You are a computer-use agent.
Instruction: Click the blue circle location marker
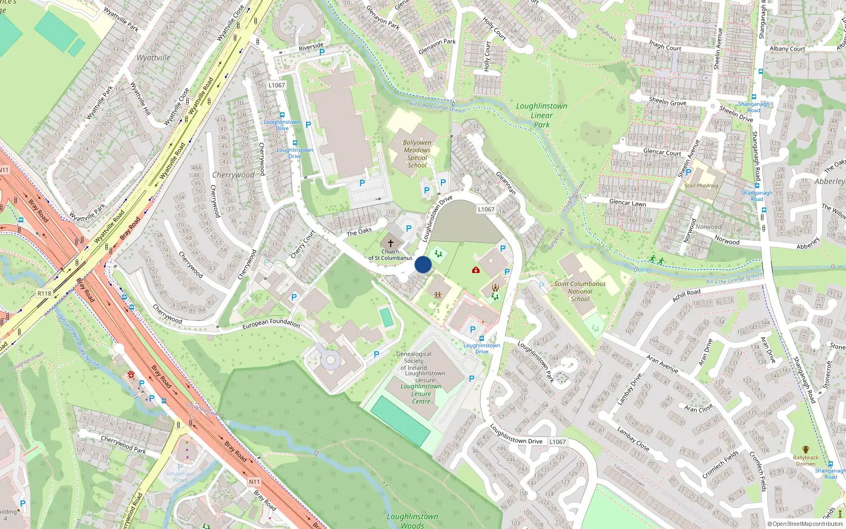[423, 264]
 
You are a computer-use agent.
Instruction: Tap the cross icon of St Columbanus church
[391, 243]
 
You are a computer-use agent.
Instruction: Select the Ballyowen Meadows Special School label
[417, 154]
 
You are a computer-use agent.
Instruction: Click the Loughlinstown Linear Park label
[541, 115]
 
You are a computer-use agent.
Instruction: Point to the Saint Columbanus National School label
[580, 291]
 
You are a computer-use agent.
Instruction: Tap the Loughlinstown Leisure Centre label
[421, 394]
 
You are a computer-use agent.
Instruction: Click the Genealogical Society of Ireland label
[413, 361]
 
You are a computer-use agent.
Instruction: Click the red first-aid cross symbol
[476, 270]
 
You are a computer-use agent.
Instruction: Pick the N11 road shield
[254, 482]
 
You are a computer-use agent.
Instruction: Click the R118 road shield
[44, 294]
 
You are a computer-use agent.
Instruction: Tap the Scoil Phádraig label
[701, 186]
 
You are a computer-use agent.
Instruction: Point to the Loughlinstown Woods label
[412, 521]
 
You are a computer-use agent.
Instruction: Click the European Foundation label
[271, 323]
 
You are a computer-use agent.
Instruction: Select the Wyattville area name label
[153, 58]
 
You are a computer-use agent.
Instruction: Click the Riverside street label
[311, 47]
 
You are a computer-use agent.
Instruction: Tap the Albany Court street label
[787, 49]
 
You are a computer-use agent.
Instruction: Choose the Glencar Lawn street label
[627, 203]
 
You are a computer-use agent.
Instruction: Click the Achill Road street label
[686, 295]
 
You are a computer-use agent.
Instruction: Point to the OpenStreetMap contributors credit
[805, 524]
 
